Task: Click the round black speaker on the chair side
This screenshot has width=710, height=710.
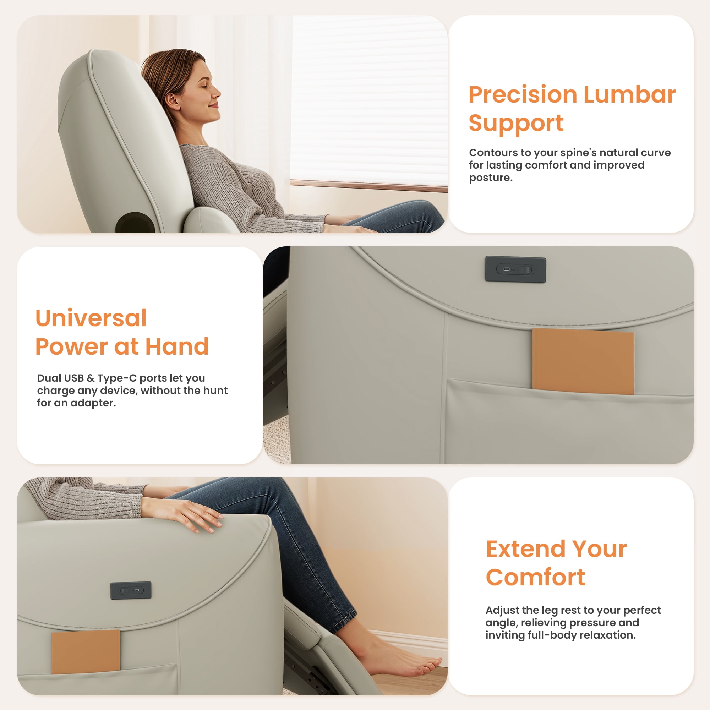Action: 135,223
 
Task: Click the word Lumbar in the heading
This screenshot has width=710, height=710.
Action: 629,94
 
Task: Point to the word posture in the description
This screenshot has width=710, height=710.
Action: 490,178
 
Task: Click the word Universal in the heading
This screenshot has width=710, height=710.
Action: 91,318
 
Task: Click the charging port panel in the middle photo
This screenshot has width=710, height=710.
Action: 515,269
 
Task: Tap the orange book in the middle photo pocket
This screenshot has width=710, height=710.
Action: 583,362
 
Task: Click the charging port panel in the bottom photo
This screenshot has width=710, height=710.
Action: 131,590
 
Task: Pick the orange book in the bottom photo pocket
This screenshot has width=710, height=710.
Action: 86,651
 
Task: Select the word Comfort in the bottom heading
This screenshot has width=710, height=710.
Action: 535,578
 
